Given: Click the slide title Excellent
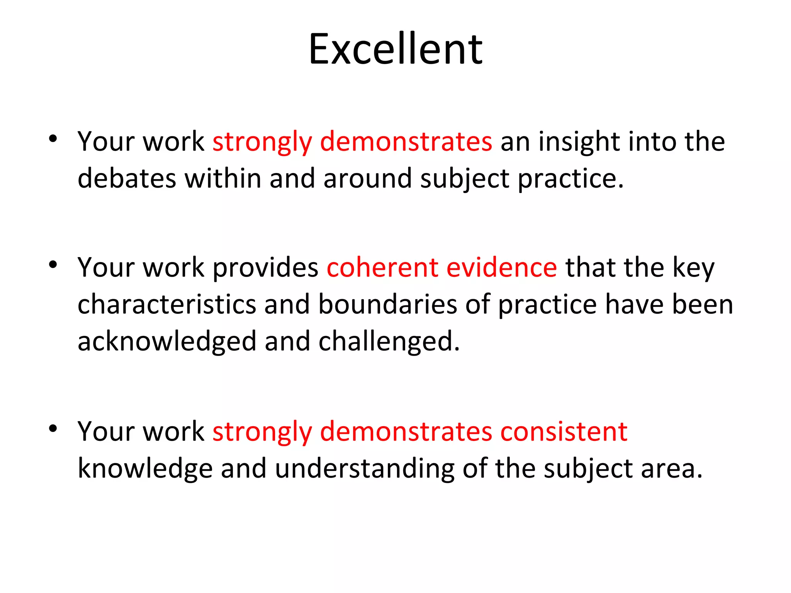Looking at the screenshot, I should tap(395, 49).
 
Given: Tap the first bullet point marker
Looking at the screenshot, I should tap(53, 139).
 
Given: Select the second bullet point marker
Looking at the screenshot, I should tap(53, 264).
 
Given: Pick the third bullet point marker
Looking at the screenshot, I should tap(53, 428).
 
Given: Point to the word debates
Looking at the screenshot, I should tap(126, 178).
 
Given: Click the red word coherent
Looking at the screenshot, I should tap(382, 267).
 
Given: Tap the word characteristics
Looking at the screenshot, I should tap(167, 304).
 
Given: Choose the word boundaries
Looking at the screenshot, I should tap(387, 304).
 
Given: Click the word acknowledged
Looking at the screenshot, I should tap(167, 342).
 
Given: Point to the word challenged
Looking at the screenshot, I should tap(389, 342).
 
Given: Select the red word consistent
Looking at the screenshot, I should tap(564, 431).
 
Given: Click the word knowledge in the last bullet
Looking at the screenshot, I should tap(145, 469).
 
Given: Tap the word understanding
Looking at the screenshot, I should tap(365, 469).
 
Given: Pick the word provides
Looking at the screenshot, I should tap(265, 267).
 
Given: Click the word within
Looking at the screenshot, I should tap(223, 178).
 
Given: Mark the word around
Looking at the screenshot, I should tap(367, 178).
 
